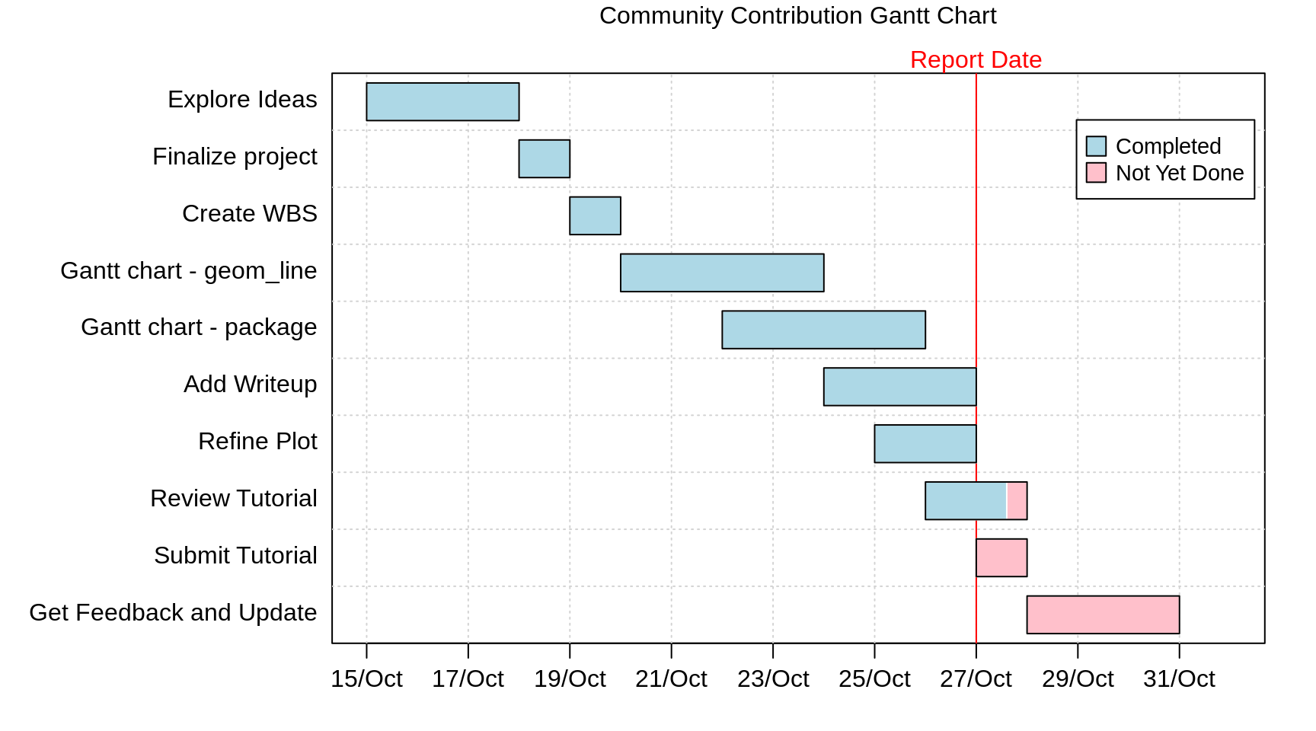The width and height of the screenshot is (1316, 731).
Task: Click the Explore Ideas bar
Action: pyautogui.click(x=442, y=101)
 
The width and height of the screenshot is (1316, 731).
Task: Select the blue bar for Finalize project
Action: pyautogui.click(x=544, y=158)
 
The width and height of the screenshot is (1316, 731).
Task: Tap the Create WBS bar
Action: pyautogui.click(x=595, y=215)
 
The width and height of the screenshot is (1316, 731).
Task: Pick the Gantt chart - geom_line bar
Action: pyautogui.click(x=722, y=273)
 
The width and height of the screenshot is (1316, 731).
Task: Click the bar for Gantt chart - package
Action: pyautogui.click(x=823, y=330)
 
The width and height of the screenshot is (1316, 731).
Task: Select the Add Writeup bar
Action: pyautogui.click(x=899, y=387)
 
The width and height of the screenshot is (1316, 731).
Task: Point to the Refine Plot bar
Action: pyautogui.click(x=925, y=444)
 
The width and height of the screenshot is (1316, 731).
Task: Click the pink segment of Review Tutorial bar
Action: pyautogui.click(x=1017, y=501)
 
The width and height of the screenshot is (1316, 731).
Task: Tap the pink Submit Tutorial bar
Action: pyautogui.click(x=1001, y=558)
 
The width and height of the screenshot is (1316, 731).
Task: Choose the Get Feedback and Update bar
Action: pyautogui.click(x=1103, y=614)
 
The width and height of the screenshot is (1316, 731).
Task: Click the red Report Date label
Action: pyautogui.click(x=976, y=59)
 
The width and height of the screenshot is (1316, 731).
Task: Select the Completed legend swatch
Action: pyautogui.click(x=1096, y=146)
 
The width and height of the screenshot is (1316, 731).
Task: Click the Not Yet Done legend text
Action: pyautogui.click(x=1179, y=173)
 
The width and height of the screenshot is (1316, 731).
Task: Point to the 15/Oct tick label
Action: pyautogui.click(x=366, y=678)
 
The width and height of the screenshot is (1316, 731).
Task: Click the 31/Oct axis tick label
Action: pyautogui.click(x=1179, y=678)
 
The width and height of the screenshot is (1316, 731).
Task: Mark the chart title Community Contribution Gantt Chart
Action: pyautogui.click(x=797, y=15)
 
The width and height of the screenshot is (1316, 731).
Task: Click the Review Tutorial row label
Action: pyautogui.click(x=233, y=498)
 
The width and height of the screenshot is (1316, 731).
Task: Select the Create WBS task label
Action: pyautogui.click(x=249, y=213)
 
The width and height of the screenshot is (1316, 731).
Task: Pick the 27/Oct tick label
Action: pyautogui.click(x=976, y=678)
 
